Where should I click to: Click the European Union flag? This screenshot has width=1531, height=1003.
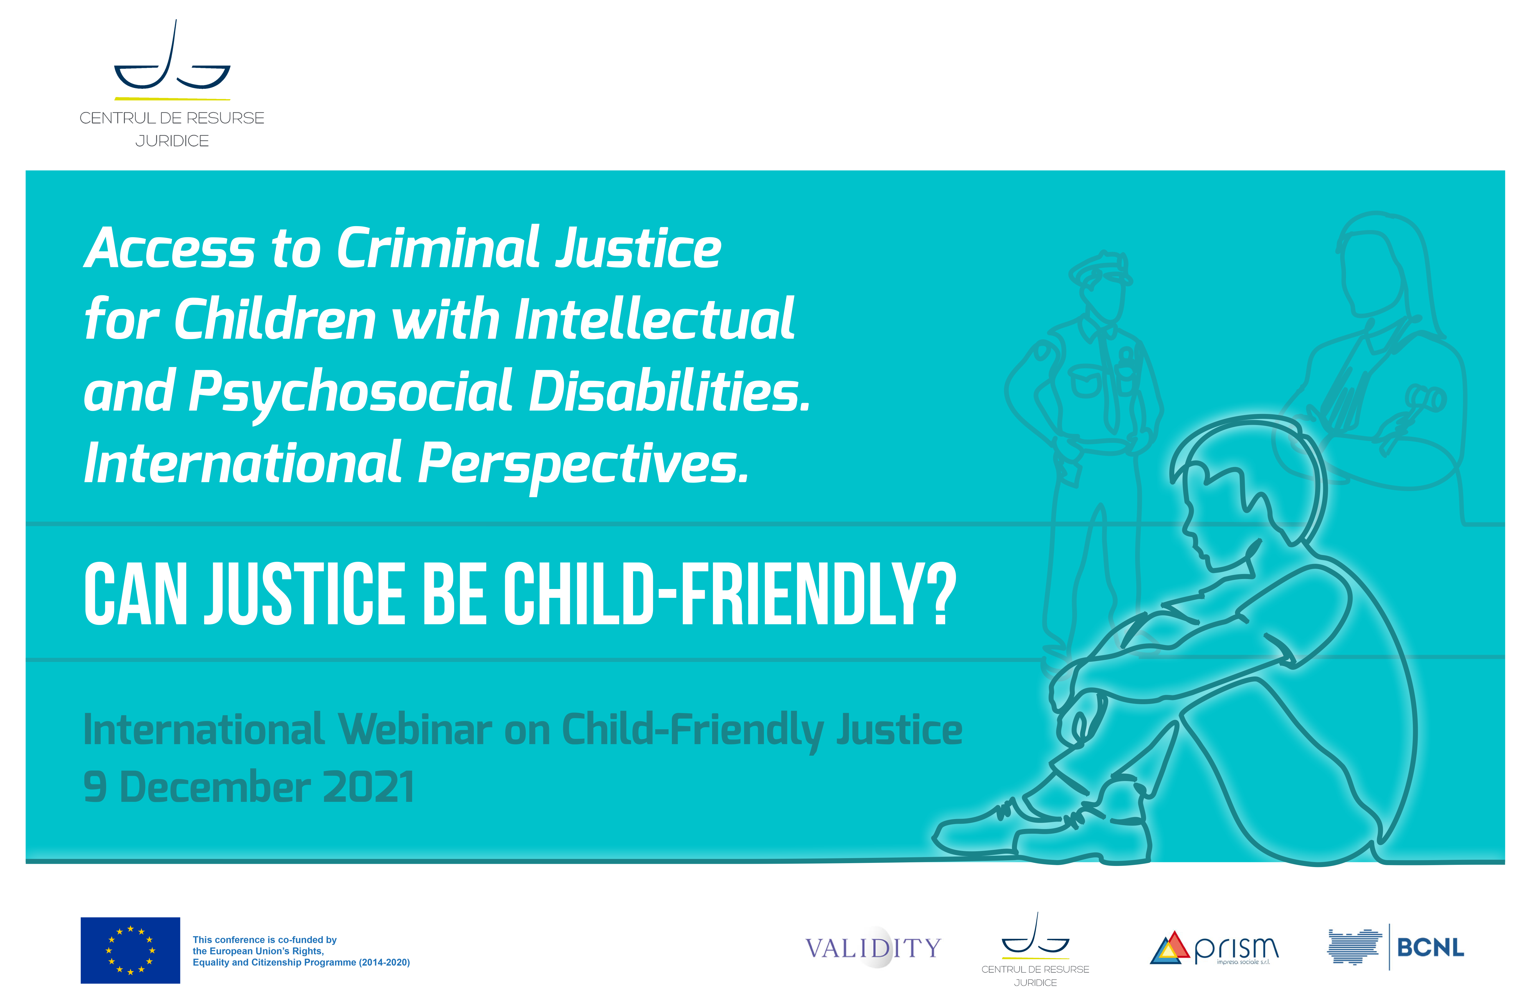(130, 950)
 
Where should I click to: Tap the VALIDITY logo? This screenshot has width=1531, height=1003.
(873, 948)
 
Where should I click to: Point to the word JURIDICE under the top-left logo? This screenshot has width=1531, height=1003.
(172, 141)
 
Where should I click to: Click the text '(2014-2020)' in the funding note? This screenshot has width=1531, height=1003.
(384, 962)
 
